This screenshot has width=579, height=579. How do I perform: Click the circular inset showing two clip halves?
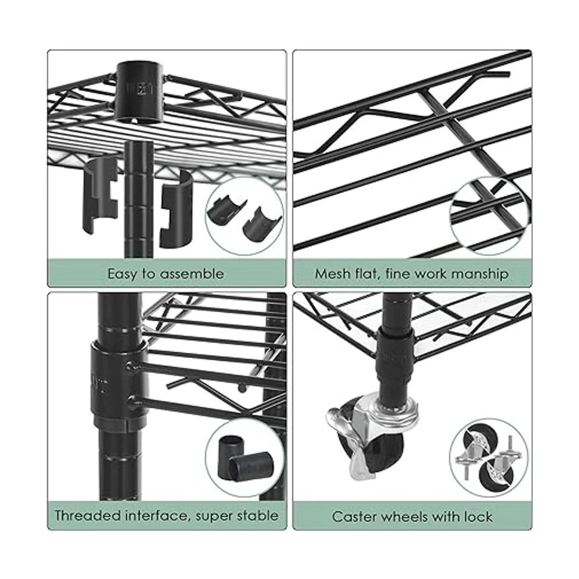(244, 215)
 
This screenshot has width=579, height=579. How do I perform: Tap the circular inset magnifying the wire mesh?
(488, 215)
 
